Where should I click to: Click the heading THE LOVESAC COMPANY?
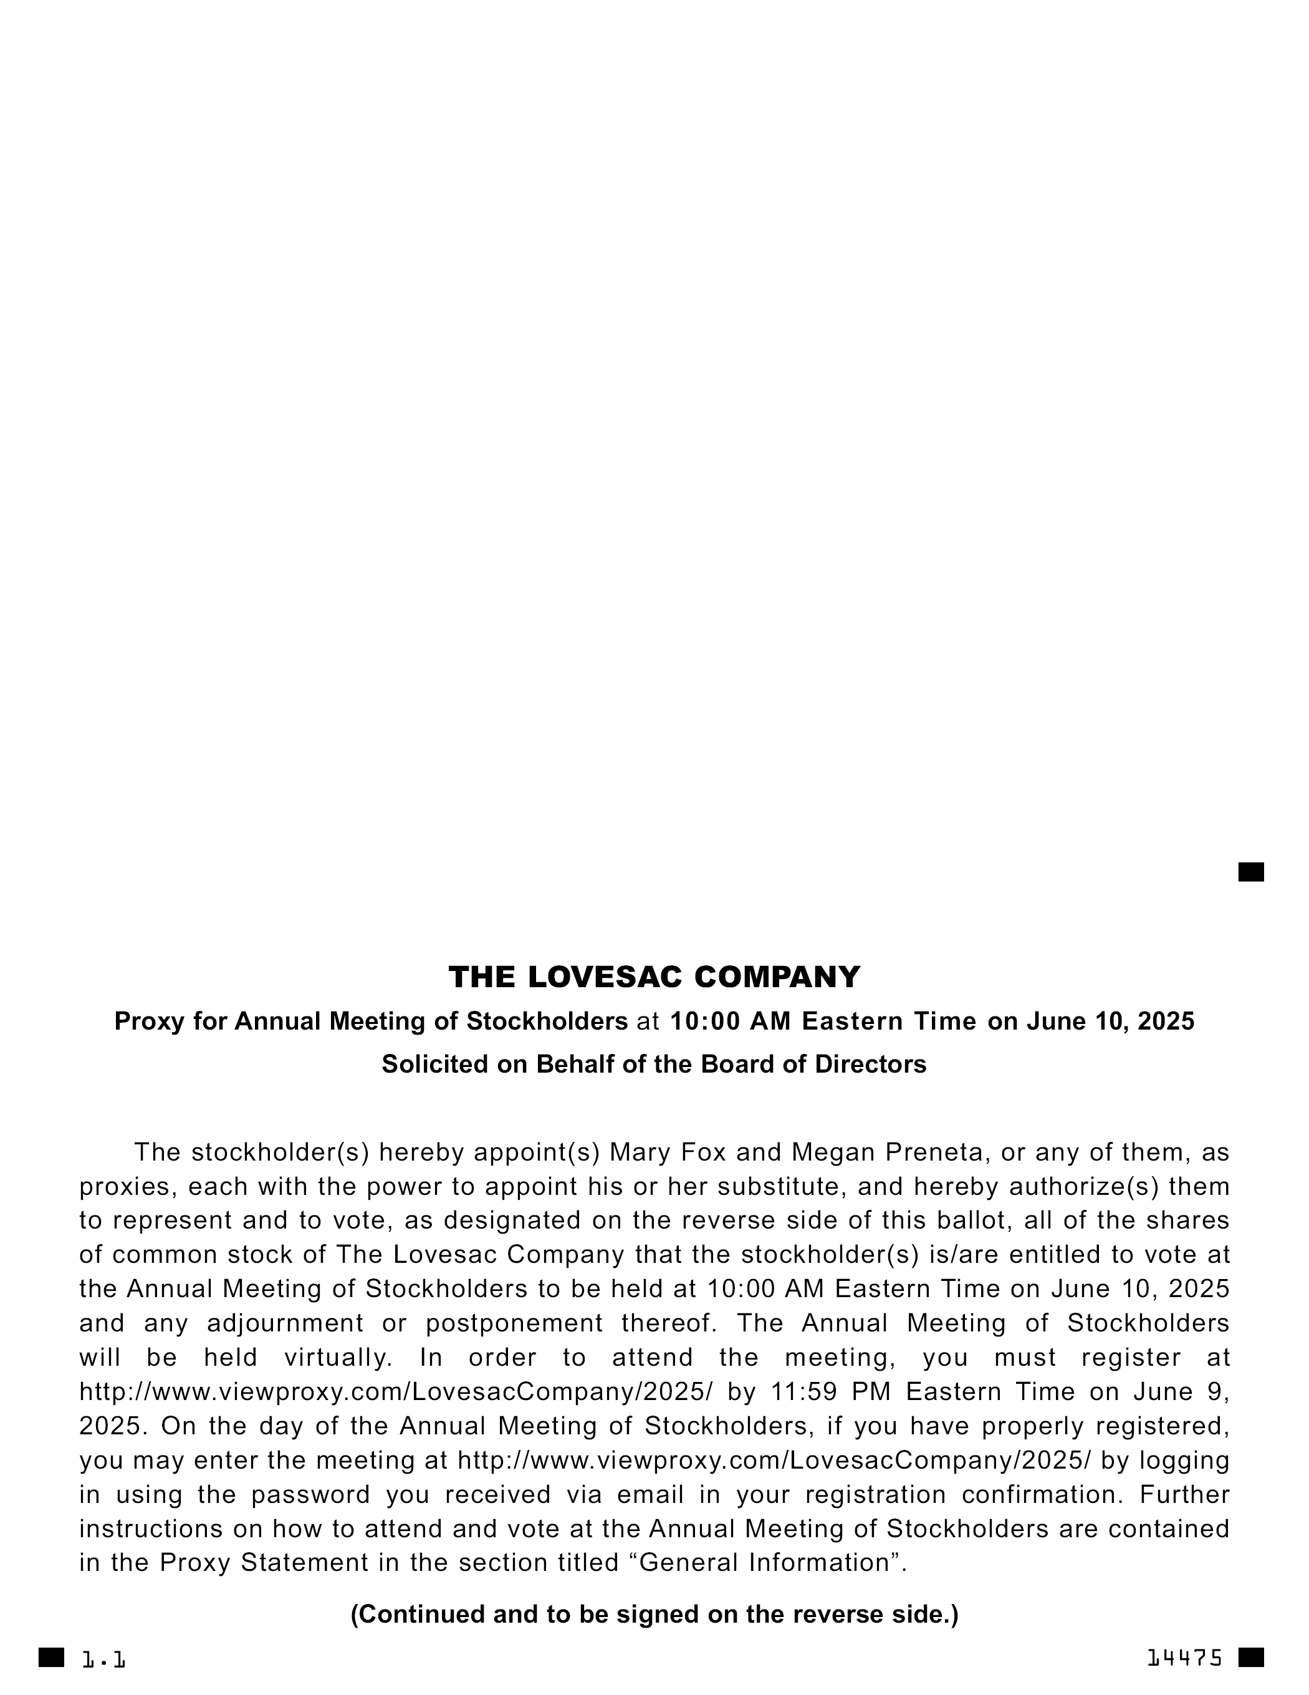point(654,977)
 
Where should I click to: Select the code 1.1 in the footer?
point(104,1660)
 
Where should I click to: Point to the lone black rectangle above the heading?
point(1251,872)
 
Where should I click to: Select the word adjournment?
point(285,1323)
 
